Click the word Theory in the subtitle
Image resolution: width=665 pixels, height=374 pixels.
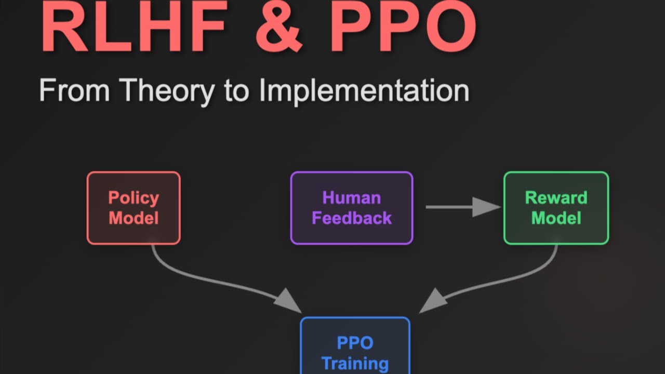pos(168,91)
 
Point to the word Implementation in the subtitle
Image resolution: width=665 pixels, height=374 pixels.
pos(364,91)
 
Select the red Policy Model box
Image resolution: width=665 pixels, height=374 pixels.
pos(134,208)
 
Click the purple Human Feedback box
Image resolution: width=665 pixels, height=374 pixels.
pos(352,208)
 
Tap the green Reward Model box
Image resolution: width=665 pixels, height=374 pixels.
pos(556,208)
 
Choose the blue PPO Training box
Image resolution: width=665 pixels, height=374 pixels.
pos(355,345)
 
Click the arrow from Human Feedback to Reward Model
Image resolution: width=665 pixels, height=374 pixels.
pos(457,207)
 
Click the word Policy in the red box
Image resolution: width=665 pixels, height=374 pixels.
pos(134,198)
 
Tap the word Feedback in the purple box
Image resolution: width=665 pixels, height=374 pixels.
pos(352,218)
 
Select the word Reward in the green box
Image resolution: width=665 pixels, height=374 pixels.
pos(556,198)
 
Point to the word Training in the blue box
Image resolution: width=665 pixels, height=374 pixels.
pos(355,363)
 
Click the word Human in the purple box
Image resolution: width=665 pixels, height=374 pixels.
pos(352,198)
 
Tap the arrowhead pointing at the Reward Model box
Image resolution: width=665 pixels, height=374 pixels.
pos(487,207)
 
